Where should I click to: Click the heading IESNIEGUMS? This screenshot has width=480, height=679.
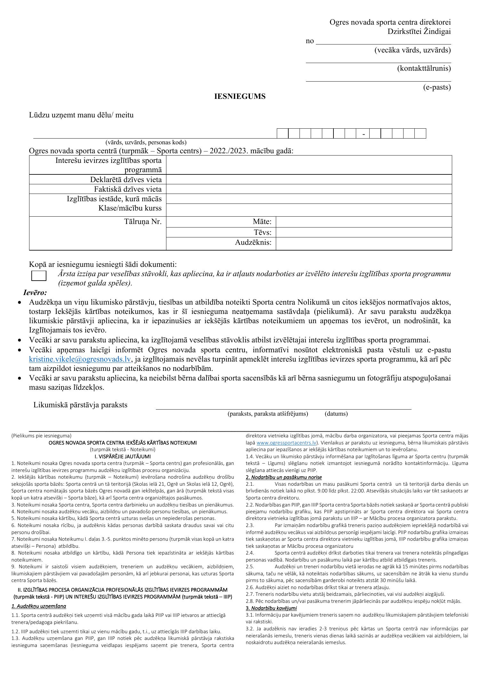click(240, 97)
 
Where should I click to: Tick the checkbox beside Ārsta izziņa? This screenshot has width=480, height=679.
click(39, 276)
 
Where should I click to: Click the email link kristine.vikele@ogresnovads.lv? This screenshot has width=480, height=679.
click(80, 359)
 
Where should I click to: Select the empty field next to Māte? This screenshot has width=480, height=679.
click(364, 222)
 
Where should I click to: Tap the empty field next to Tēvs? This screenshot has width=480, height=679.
click(364, 232)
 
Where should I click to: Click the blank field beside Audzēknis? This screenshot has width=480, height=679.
click(364, 243)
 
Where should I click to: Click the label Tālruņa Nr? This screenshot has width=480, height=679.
click(143, 221)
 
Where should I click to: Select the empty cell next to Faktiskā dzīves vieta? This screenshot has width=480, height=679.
click(309, 189)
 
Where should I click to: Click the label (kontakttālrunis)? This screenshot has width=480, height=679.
click(424, 68)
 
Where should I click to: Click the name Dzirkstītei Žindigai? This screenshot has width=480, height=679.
click(419, 31)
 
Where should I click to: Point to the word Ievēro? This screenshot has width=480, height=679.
click(35, 292)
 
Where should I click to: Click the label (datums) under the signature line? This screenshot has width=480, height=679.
click(336, 414)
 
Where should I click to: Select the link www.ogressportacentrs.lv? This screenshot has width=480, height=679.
click(286, 443)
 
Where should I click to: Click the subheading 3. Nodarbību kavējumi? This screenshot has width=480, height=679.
click(271, 608)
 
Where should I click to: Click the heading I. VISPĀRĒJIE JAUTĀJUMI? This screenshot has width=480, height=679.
click(123, 456)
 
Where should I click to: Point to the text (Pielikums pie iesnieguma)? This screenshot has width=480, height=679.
click(41, 435)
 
